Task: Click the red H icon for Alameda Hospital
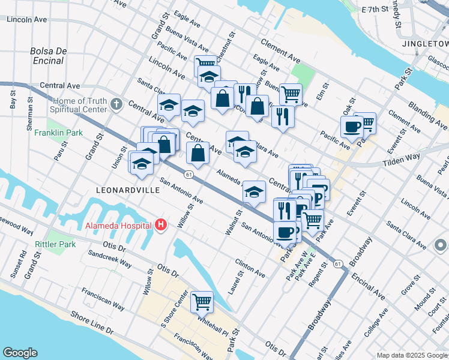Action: pyautogui.click(x=160, y=226)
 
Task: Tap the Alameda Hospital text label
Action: pyautogui.click(x=118, y=226)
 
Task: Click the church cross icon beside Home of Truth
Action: pyautogui.click(x=117, y=106)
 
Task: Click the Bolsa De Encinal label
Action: pyautogui.click(x=47, y=56)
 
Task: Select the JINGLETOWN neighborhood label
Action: pyautogui.click(x=425, y=44)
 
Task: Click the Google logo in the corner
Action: pyautogui.click(x=20, y=353)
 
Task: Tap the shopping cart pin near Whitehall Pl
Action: pyautogui.click(x=202, y=302)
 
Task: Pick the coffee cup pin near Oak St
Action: pyautogui.click(x=351, y=127)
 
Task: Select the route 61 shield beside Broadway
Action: pyautogui.click(x=338, y=263)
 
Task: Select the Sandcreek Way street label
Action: pyautogui.click(x=109, y=259)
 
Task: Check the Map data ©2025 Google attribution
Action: pyautogui.click(x=412, y=355)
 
